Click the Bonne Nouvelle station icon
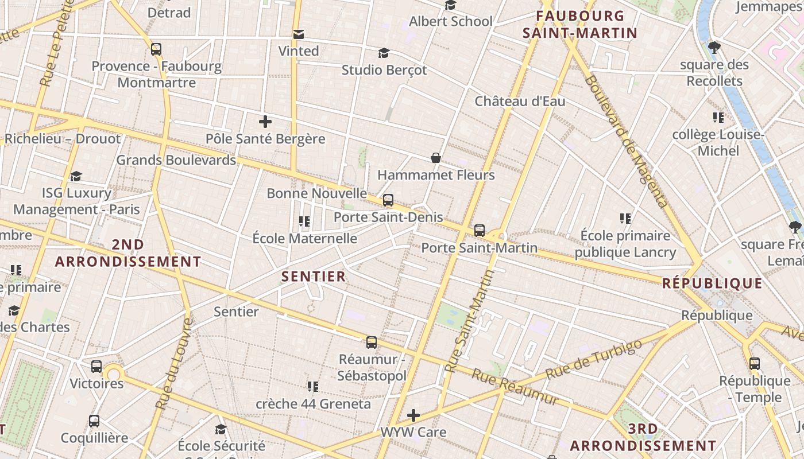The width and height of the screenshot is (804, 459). [388, 200]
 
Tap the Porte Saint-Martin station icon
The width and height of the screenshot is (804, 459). [480, 231]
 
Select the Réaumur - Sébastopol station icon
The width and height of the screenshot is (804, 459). [372, 343]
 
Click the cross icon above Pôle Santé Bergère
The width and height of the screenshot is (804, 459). [265, 122]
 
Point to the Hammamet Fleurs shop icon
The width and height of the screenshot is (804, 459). [436, 158]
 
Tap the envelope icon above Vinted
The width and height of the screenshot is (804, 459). [299, 34]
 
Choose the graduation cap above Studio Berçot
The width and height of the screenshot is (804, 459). [384, 53]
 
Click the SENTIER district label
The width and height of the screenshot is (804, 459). [314, 277]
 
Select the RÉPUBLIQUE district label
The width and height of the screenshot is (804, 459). [712, 283]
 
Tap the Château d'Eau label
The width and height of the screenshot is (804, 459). [520, 102]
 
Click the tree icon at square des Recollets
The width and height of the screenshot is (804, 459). [714, 47]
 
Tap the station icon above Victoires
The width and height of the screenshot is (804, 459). [96, 366]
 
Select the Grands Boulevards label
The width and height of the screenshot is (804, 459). [176, 160]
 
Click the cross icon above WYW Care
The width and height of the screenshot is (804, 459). [413, 415]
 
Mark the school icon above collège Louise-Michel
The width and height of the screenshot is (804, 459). [718, 118]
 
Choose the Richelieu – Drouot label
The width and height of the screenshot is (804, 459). [63, 139]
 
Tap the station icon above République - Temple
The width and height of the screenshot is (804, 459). [755, 363]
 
